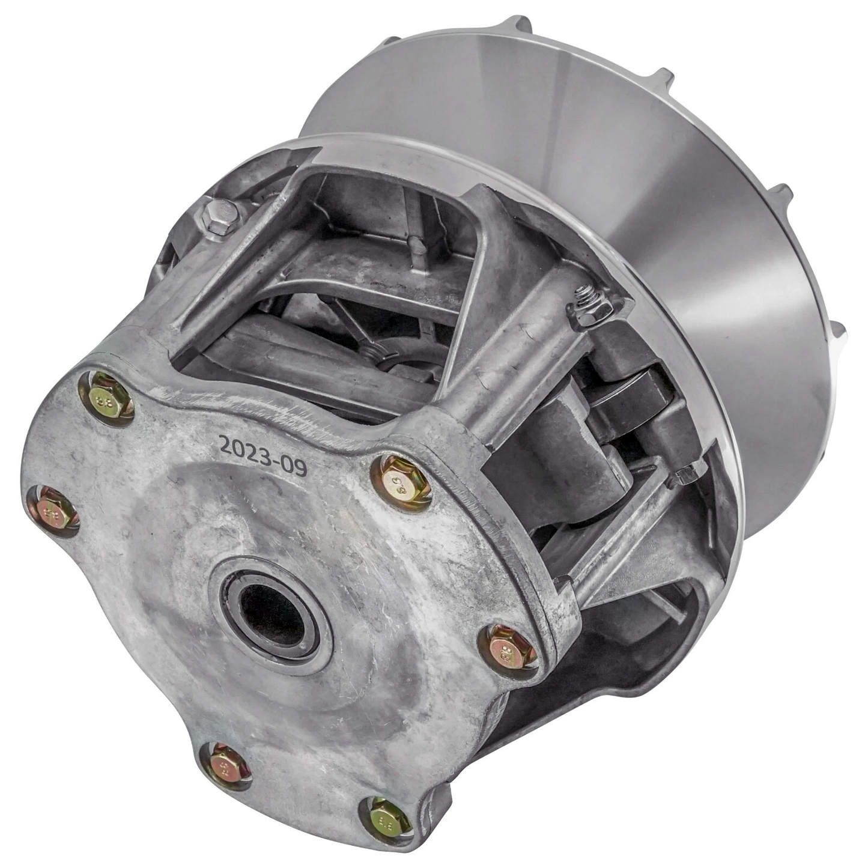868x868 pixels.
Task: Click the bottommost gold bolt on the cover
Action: [390, 819]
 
